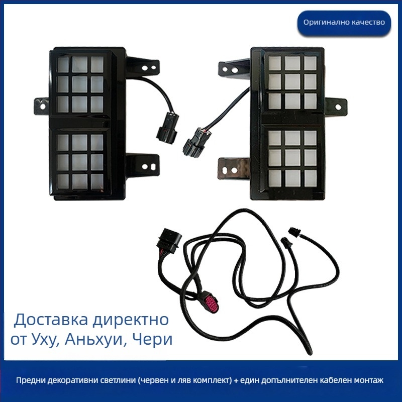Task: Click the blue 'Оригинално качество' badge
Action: [344, 22]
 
